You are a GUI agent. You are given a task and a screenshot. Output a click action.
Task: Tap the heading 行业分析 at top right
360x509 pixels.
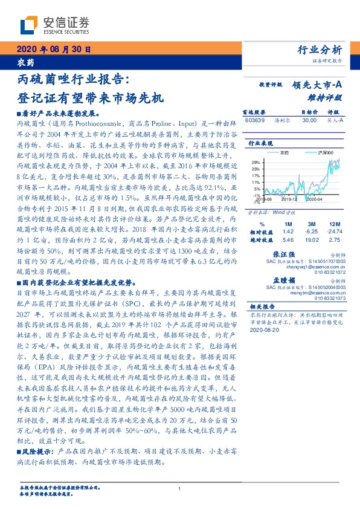point(320,50)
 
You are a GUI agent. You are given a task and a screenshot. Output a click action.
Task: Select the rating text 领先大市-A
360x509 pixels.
point(318,86)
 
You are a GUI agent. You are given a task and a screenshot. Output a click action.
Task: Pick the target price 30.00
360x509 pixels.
point(309,120)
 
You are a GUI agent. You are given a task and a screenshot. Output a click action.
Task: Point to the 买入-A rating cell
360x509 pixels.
point(335,120)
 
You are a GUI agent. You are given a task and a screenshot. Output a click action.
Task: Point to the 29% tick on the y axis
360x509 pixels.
point(256,161)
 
